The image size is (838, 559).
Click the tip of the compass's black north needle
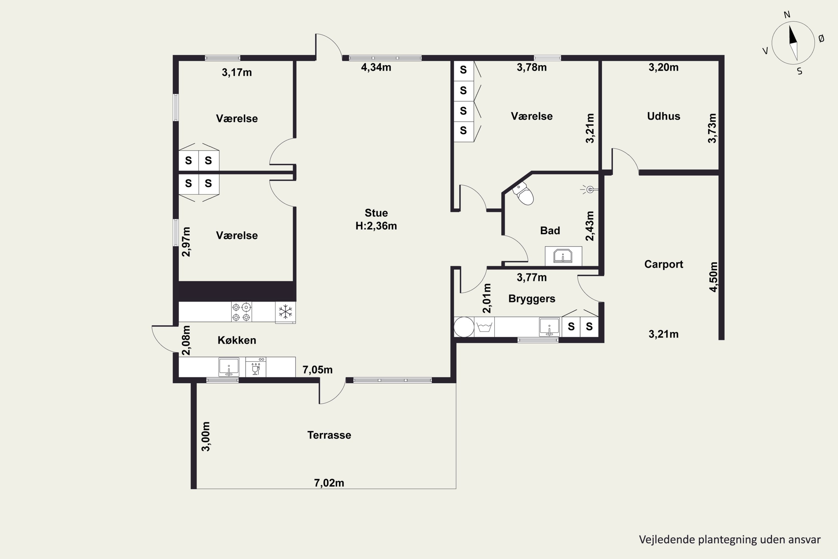tap(790, 25)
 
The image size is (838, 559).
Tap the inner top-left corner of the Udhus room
tap(602, 61)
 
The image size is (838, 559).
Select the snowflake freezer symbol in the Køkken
tap(285, 312)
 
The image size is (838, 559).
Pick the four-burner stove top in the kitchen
tap(241, 312)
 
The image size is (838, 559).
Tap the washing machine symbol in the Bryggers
tap(484, 327)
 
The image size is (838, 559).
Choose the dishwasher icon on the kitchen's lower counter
tap(256, 367)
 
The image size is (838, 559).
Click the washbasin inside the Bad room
tap(563, 256)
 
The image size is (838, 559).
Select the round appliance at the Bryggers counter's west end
tap(464, 327)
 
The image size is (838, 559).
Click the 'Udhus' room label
tap(663, 116)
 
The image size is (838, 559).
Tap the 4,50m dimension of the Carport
tap(713, 277)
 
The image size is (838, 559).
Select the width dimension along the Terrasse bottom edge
tap(329, 483)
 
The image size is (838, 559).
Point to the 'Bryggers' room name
tap(532, 299)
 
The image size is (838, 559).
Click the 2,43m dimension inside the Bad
tap(590, 226)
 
